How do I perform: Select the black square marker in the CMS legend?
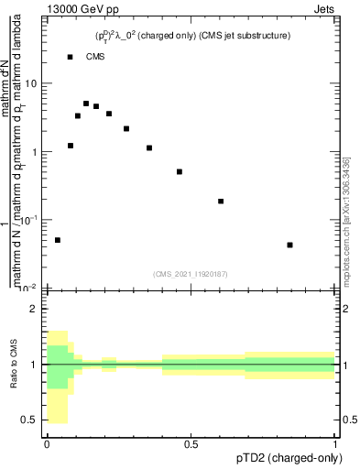click(70, 57)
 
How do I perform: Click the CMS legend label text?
click(95, 57)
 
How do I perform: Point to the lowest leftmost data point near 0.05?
click(58, 240)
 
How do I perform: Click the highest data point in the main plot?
click(86, 104)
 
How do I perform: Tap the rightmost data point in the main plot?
click(289, 245)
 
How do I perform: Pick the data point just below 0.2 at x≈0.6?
click(221, 201)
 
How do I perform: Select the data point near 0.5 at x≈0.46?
click(180, 171)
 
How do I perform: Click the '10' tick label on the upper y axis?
click(32, 83)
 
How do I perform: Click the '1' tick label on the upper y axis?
click(35, 152)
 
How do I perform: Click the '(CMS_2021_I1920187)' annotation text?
click(191, 274)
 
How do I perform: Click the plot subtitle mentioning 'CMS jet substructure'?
click(191, 35)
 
